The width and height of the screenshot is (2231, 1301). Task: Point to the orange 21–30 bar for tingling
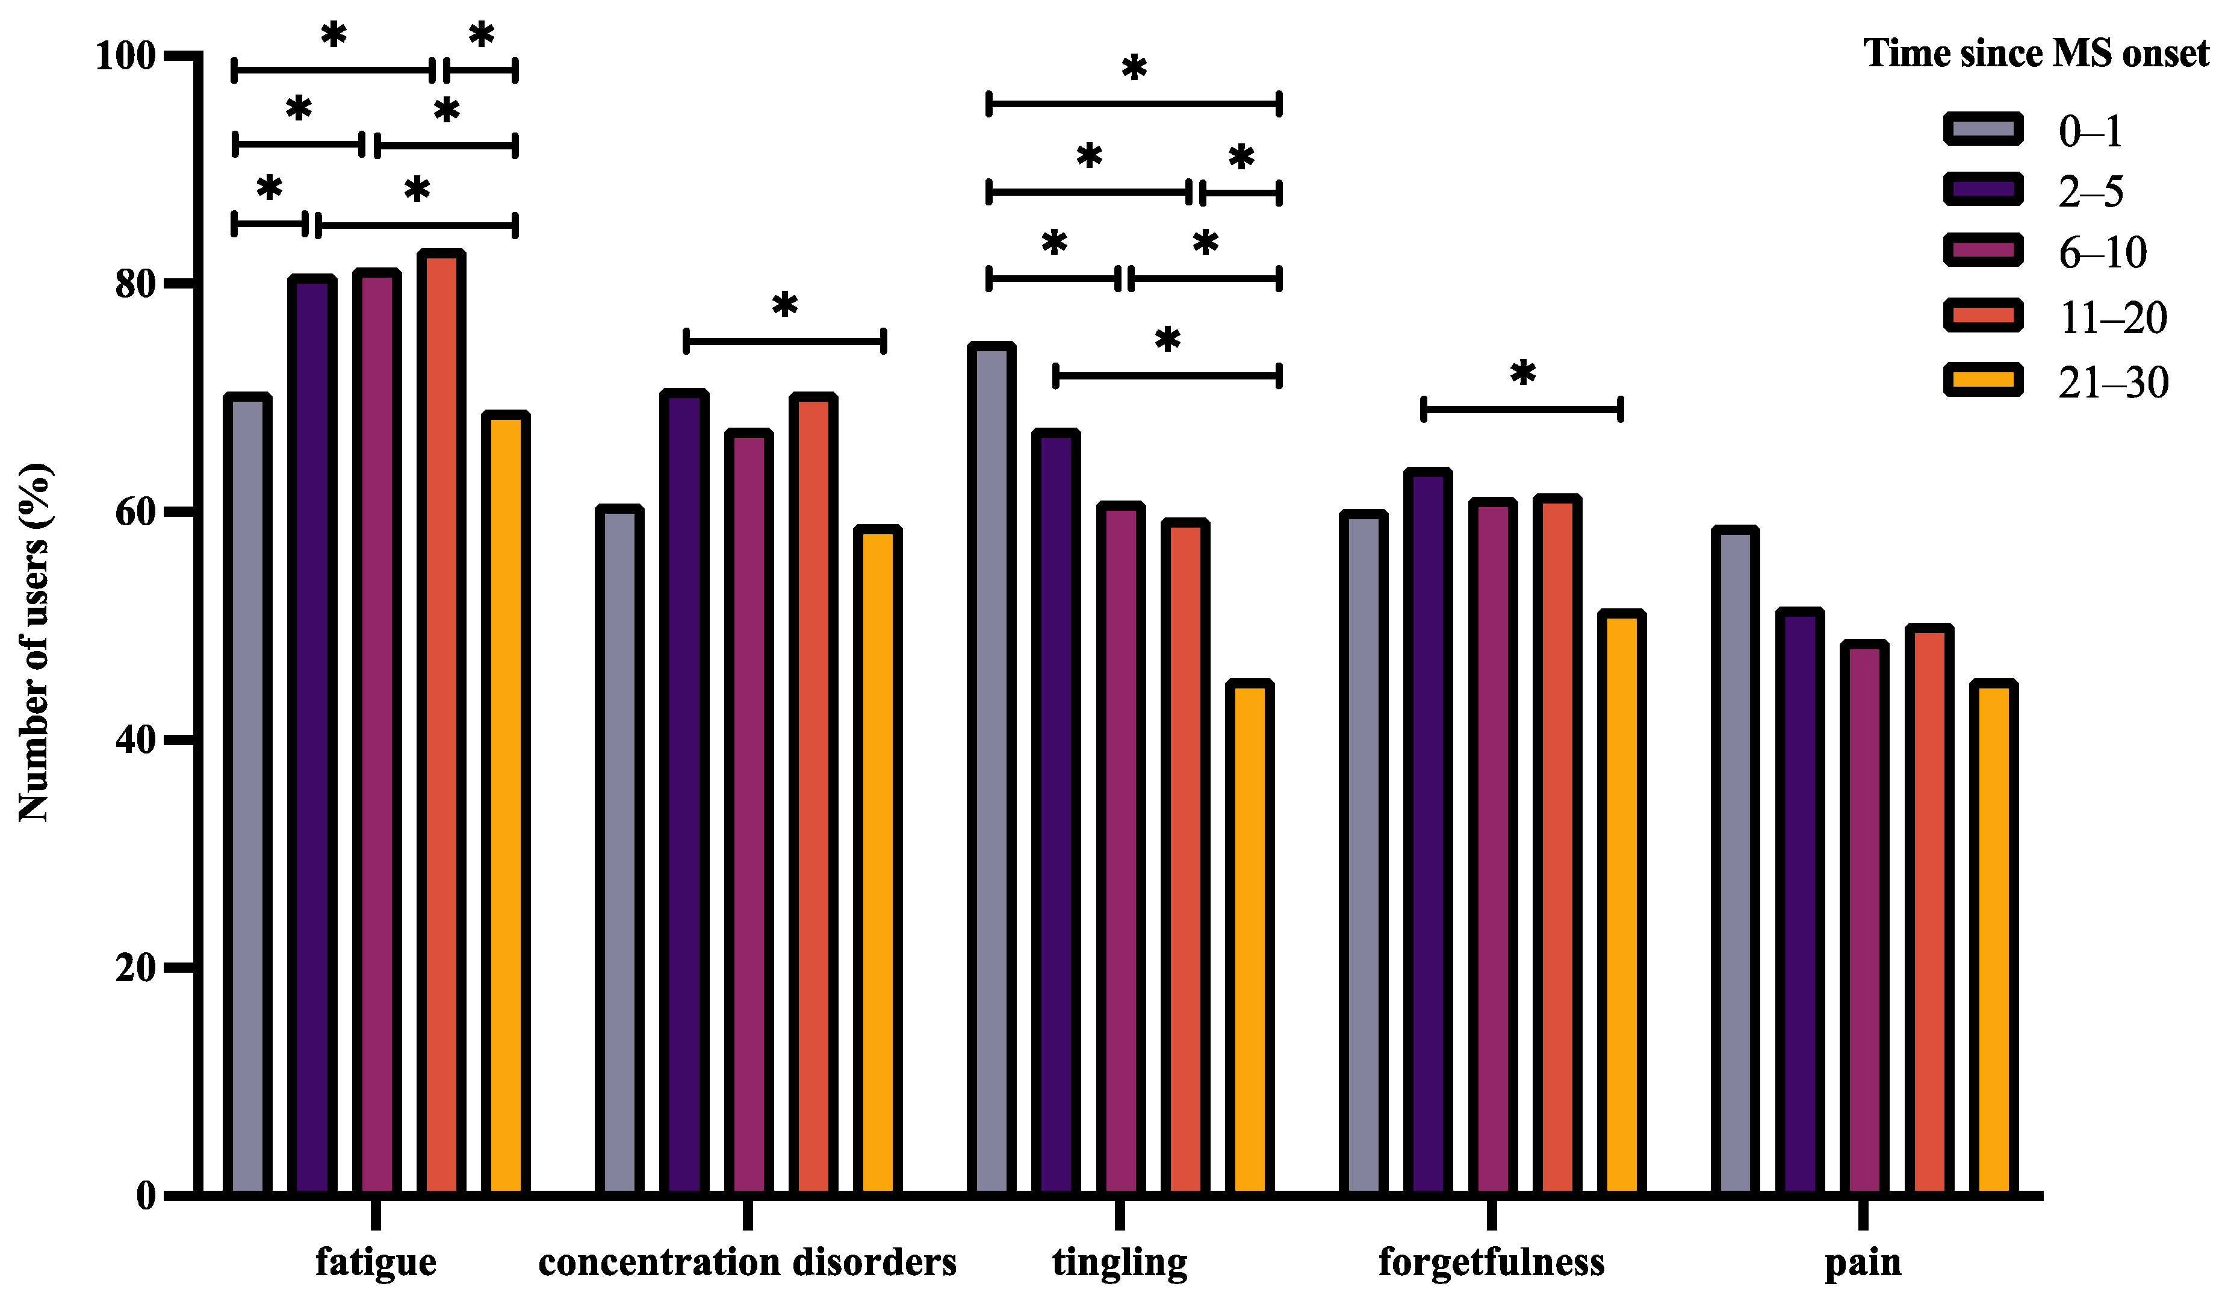[x=1249, y=939]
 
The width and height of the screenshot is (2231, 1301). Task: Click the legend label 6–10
[x=2103, y=254]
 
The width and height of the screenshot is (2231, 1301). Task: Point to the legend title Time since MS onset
[x=2036, y=53]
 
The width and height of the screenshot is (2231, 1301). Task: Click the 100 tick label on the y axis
[x=125, y=56]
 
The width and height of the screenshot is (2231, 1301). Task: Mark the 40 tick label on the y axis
[x=135, y=740]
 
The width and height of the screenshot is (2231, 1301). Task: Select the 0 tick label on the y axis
[x=146, y=1196]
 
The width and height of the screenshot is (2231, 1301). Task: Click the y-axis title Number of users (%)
[x=36, y=642]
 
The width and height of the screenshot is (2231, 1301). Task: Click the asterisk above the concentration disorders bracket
[x=784, y=305]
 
